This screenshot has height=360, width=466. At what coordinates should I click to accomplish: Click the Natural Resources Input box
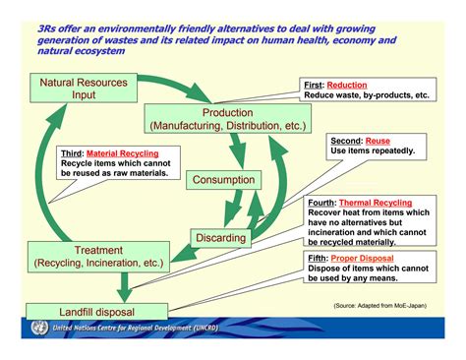84,90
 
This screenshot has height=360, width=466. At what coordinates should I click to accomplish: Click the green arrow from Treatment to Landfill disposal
124,284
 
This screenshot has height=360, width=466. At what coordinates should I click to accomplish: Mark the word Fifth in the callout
320,258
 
